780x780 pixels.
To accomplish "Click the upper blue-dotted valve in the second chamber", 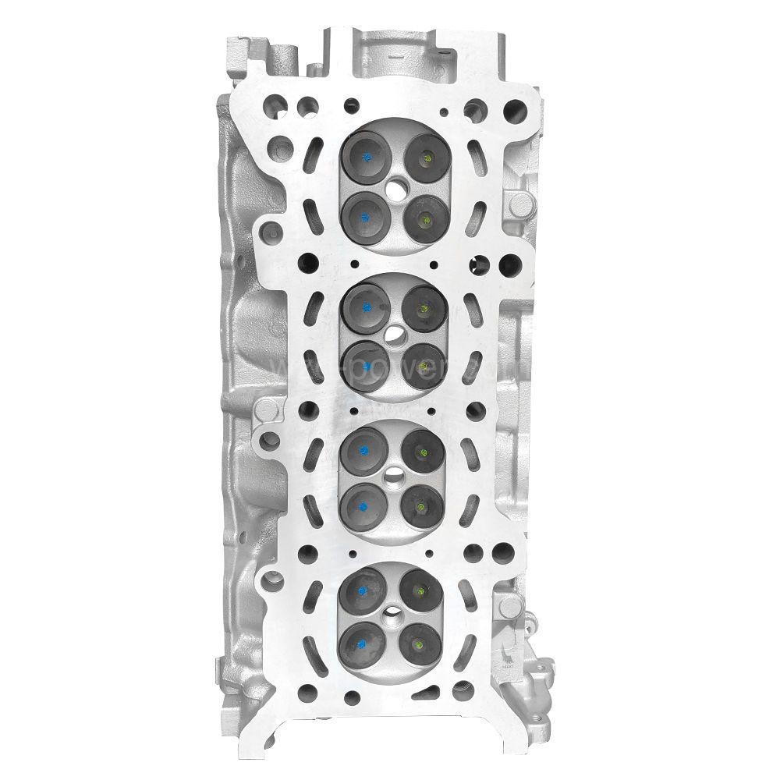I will (x=366, y=306).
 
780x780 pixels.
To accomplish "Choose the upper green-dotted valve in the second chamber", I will (x=424, y=306).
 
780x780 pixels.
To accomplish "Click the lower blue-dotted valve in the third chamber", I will (x=363, y=505).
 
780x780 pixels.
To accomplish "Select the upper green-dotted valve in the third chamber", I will (x=420, y=449).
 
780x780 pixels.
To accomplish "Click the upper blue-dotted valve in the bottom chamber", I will (x=362, y=590).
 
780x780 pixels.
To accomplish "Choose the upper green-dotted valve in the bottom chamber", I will (x=420, y=590).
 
